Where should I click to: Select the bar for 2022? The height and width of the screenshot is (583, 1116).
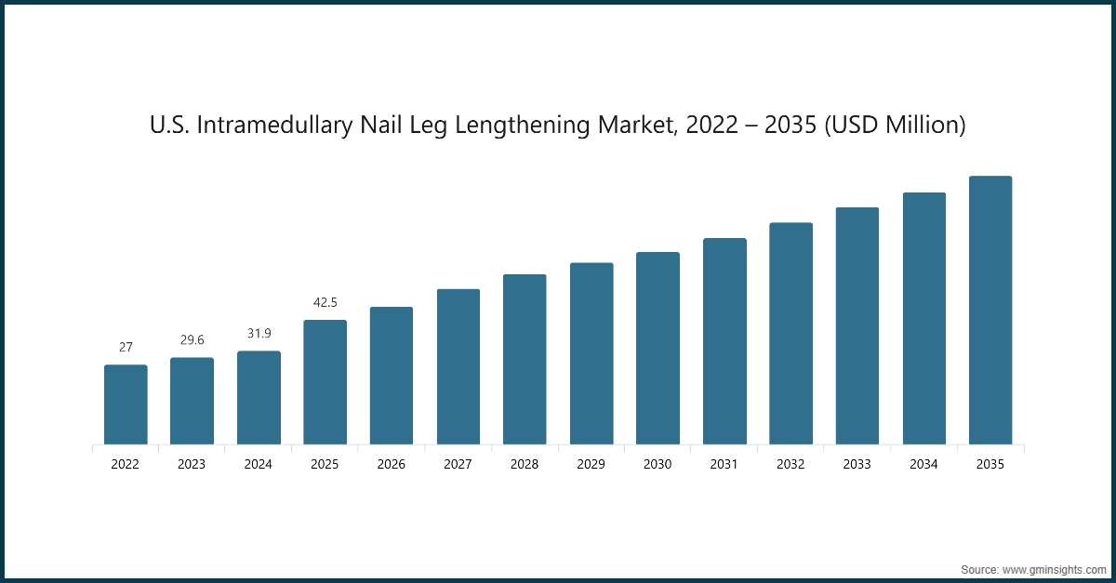point(126,404)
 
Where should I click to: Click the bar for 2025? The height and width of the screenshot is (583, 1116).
point(325,382)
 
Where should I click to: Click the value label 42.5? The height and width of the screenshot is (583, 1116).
point(325,302)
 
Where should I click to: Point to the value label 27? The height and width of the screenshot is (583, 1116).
point(126,347)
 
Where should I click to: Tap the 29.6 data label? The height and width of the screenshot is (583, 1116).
point(192,340)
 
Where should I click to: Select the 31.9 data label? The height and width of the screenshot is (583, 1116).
point(259,333)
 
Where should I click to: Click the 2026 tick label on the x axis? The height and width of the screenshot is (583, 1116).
point(392,464)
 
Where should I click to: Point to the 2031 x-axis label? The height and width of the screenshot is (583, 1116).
point(724,464)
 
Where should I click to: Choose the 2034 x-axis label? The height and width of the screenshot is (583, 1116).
point(924,464)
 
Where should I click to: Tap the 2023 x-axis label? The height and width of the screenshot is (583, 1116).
point(192,464)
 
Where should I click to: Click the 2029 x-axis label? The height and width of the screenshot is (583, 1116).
point(591,464)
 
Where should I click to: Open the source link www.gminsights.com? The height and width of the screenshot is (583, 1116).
point(1054,567)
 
